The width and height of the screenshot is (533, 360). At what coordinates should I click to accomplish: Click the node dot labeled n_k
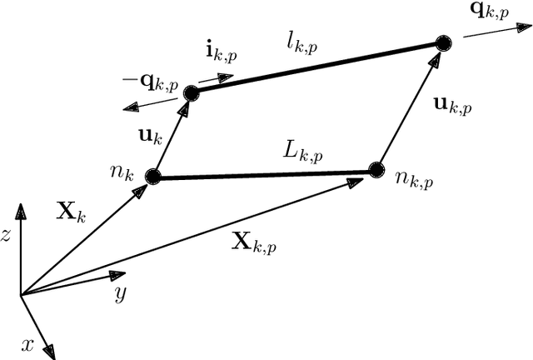152,176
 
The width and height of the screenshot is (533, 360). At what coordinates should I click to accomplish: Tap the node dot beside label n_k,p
376,170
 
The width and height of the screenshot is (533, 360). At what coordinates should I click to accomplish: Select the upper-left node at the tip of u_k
191,93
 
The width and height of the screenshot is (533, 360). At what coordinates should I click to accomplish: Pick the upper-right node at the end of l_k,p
444,42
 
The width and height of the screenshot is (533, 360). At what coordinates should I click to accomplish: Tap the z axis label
6,236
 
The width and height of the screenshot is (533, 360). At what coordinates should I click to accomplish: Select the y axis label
120,292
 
